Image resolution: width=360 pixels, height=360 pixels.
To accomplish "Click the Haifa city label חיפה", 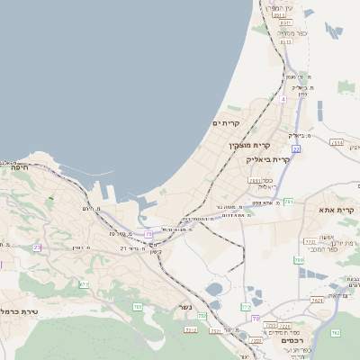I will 19,166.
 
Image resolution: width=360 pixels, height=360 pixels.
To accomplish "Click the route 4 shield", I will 282,99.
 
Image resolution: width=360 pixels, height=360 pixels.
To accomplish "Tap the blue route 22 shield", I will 296,148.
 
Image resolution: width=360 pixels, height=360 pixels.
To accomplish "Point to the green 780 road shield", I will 299,260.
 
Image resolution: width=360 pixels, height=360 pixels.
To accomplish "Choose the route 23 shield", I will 37,247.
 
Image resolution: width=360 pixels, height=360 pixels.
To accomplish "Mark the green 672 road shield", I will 84,284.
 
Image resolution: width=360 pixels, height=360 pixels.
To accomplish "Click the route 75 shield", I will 148,234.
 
